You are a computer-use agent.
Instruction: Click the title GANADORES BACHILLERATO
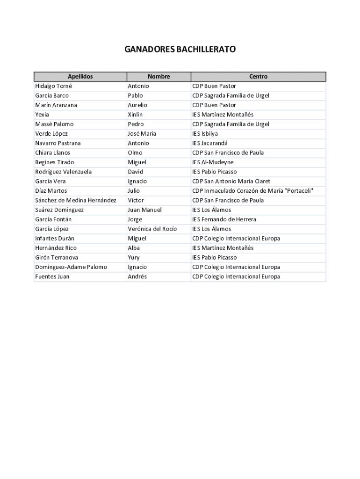pos(180,49)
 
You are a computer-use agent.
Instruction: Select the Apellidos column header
pos(80,77)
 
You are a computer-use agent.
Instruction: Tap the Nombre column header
pos(158,77)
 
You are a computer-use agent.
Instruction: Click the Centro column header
pos(258,77)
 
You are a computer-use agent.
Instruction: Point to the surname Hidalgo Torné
pos(54,86)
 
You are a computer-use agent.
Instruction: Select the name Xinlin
pos(135,115)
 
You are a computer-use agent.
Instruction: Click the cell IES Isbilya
pos(205,134)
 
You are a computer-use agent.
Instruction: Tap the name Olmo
pos(135,153)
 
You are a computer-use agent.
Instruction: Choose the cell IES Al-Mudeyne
pos(213,162)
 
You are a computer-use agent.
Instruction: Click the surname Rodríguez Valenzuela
pos(64,172)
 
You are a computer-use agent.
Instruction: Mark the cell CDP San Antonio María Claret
pos(231,181)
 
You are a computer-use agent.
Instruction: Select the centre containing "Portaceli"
pos(252,191)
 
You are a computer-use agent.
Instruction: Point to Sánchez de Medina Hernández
pos(76,200)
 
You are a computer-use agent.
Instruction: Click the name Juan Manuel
pos(144,210)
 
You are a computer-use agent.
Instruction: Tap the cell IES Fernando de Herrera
pos(224,219)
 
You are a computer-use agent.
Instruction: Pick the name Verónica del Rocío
pos(152,229)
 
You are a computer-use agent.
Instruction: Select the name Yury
pos(134,258)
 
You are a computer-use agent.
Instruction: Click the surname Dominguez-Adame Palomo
pos(71,267)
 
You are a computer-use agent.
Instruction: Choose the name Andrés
pos(137,276)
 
